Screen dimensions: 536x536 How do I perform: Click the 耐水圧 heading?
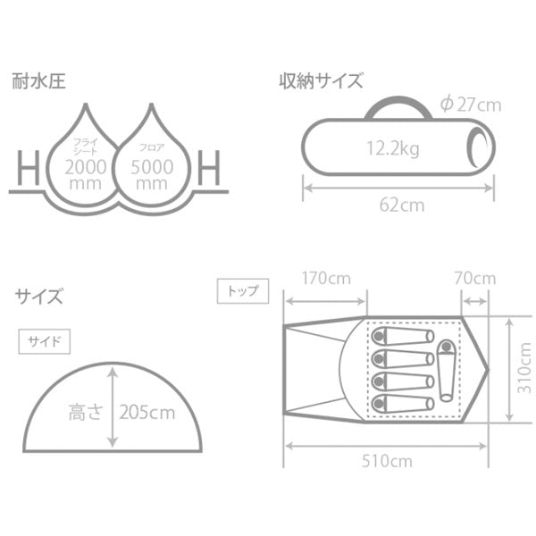point(38,81)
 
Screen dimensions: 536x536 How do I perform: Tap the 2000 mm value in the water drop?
point(86,175)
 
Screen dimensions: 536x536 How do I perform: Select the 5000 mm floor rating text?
point(152,175)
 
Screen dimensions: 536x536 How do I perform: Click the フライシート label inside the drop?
point(86,146)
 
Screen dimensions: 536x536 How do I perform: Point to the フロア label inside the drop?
point(152,148)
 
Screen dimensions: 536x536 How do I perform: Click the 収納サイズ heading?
point(321,81)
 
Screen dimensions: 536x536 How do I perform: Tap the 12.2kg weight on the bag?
point(393,148)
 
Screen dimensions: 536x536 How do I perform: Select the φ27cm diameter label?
point(471,105)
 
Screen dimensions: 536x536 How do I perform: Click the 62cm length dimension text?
point(402,205)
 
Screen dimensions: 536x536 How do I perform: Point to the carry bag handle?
point(398,107)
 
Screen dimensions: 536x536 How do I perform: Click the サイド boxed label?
point(45,341)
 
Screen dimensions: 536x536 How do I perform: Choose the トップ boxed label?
point(243,291)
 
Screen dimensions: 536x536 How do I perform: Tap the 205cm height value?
point(147,412)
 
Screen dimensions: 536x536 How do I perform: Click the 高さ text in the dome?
point(86,412)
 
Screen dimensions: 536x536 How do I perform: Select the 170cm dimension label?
point(326,278)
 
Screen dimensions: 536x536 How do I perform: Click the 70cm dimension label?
point(475,278)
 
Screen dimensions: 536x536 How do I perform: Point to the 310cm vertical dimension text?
point(524,368)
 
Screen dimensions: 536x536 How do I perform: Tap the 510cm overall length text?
point(387,461)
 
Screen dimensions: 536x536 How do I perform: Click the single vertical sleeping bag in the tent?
point(447,371)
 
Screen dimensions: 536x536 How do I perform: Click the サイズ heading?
point(38,296)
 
